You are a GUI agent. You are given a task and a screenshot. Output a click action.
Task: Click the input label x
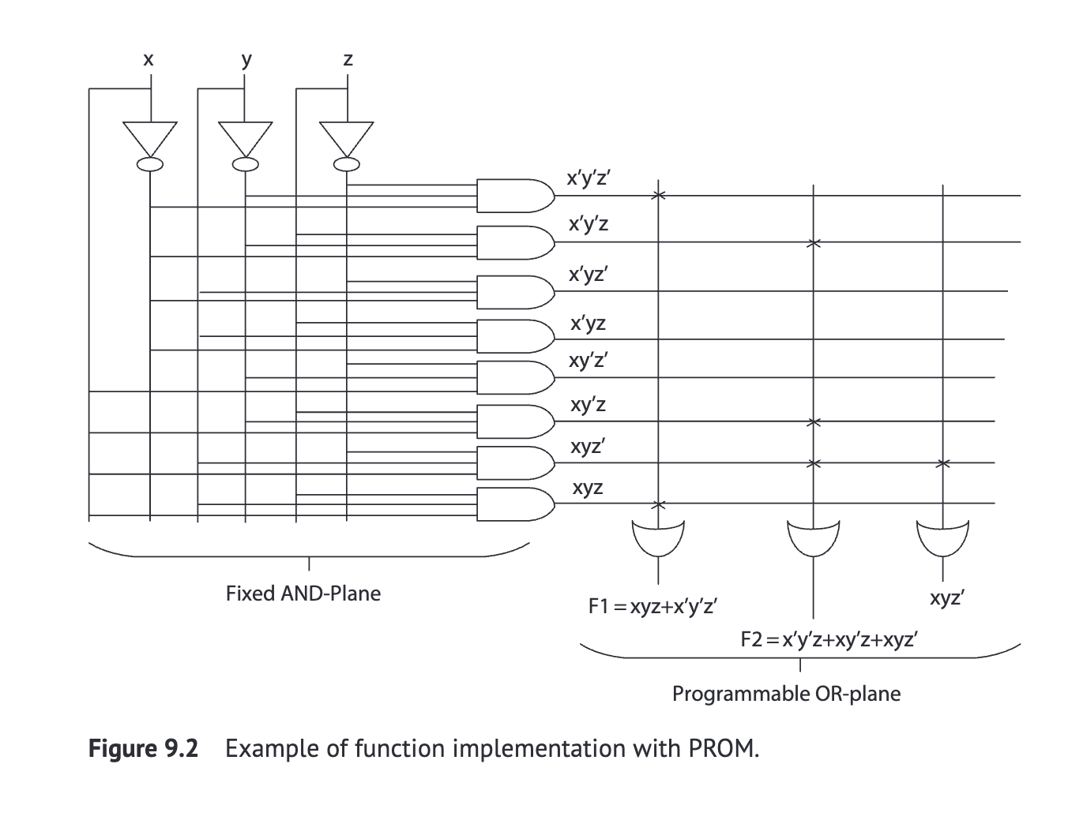point(148,59)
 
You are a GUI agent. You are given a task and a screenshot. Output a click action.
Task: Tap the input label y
point(246,59)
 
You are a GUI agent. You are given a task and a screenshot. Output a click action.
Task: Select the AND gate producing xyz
point(513,504)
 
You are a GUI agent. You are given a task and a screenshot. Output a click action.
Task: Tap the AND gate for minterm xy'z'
point(513,377)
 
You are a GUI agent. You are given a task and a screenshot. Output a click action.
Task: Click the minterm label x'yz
point(589,324)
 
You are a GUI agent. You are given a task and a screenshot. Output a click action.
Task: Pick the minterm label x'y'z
point(589,225)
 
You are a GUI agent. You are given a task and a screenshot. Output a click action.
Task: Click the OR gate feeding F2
point(813,536)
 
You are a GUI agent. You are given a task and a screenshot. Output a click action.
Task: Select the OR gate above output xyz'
point(942,536)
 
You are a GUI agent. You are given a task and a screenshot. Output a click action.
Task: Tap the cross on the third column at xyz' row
point(942,462)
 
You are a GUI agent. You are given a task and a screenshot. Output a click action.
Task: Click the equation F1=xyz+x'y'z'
point(652,607)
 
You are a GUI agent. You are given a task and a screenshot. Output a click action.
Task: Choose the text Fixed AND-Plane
point(303,593)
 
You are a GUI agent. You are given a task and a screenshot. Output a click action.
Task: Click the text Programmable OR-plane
point(786,694)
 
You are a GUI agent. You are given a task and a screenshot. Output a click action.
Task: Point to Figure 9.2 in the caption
point(144,748)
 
